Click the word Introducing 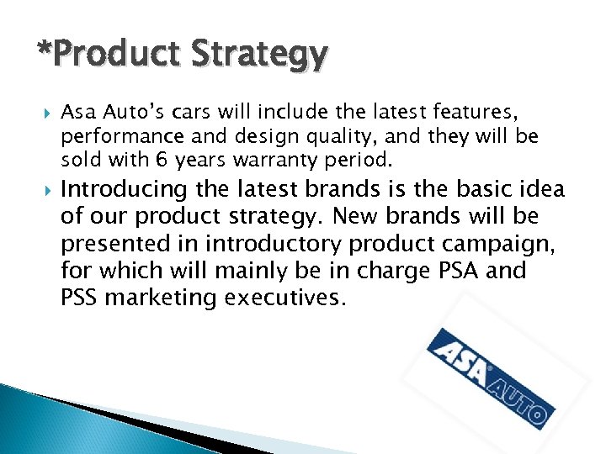pyautogui.click(x=124, y=189)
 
